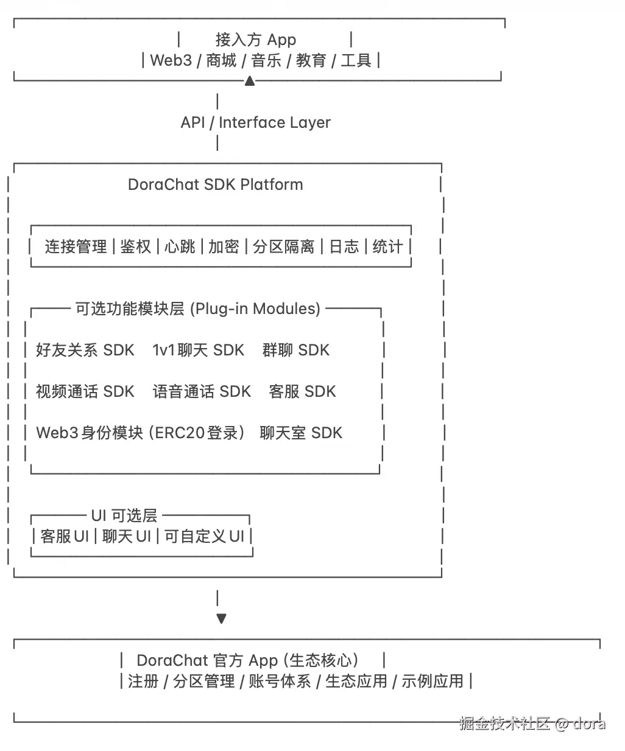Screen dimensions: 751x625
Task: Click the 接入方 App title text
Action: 255,40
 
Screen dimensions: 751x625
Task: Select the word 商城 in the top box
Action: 221,60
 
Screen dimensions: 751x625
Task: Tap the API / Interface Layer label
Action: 255,122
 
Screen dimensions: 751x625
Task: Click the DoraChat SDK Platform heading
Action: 215,184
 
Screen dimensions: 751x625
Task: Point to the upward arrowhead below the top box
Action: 249,81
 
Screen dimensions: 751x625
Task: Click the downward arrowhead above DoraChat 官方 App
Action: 221,618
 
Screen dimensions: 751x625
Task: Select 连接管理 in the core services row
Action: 76,246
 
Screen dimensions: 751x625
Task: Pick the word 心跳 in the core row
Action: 180,246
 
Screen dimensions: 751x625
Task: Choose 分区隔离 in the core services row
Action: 283,246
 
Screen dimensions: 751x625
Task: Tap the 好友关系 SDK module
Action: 85,350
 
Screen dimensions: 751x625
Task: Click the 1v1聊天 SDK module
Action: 198,350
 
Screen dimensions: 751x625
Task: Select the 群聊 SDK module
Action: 295,350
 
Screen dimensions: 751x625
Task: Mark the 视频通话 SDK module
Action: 85,391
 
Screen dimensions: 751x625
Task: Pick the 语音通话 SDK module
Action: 202,391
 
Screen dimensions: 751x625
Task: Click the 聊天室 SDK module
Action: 301,433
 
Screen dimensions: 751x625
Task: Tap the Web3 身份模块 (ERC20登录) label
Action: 140,433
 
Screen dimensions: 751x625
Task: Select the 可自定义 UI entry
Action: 204,536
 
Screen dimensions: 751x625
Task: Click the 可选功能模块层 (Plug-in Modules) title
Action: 197,309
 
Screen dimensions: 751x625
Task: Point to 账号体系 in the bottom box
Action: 280,681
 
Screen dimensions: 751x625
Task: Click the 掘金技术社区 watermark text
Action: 504,723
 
